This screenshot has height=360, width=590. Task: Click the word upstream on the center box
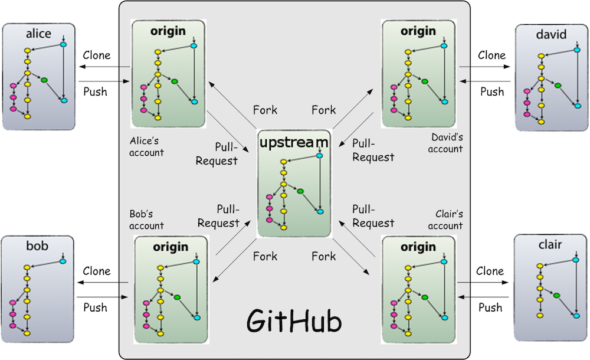293,142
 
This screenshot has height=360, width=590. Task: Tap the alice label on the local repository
38,34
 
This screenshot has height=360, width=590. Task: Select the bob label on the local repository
37,246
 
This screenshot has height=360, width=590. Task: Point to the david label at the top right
551,35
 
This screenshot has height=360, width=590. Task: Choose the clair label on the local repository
550,244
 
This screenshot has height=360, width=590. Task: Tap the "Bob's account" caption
146,220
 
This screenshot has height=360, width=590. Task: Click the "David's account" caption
445,143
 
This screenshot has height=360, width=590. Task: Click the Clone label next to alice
97,55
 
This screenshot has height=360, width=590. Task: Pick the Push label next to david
492,91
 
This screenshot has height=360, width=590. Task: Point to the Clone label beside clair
490,271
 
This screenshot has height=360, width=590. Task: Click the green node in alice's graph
44,80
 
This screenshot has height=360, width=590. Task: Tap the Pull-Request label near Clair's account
373,216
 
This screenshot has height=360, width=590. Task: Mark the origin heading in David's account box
418,31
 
